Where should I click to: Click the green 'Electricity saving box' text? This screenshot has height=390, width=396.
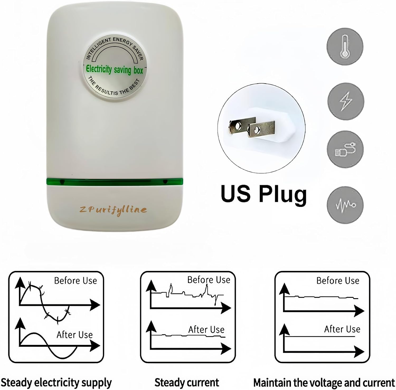point(114,70)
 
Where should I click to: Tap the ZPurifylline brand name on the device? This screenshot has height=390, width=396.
point(113,210)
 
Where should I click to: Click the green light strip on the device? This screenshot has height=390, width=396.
point(115,182)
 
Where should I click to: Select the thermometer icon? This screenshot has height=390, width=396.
point(345,47)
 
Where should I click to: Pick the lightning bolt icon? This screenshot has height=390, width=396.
point(346,101)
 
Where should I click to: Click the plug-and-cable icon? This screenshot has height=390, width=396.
point(345,149)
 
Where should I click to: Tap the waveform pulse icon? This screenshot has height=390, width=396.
point(345,205)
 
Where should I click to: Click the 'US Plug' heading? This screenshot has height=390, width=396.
point(264,194)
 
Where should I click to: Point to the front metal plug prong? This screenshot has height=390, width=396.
point(261,129)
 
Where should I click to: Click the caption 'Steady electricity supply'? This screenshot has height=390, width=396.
point(56,382)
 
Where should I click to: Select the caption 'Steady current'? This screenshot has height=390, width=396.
point(187,382)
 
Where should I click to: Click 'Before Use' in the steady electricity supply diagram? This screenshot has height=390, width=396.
point(76,280)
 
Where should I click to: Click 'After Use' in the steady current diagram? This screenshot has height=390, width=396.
point(206,330)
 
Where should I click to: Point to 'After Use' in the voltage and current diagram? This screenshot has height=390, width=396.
point(342,329)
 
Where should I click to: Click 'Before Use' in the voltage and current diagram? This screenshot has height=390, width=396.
point(338,280)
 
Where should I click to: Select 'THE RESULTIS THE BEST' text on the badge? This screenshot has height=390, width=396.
point(114,87)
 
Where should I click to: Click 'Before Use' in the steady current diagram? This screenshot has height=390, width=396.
point(209,280)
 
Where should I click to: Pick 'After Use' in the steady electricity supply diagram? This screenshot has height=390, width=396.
point(75,335)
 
